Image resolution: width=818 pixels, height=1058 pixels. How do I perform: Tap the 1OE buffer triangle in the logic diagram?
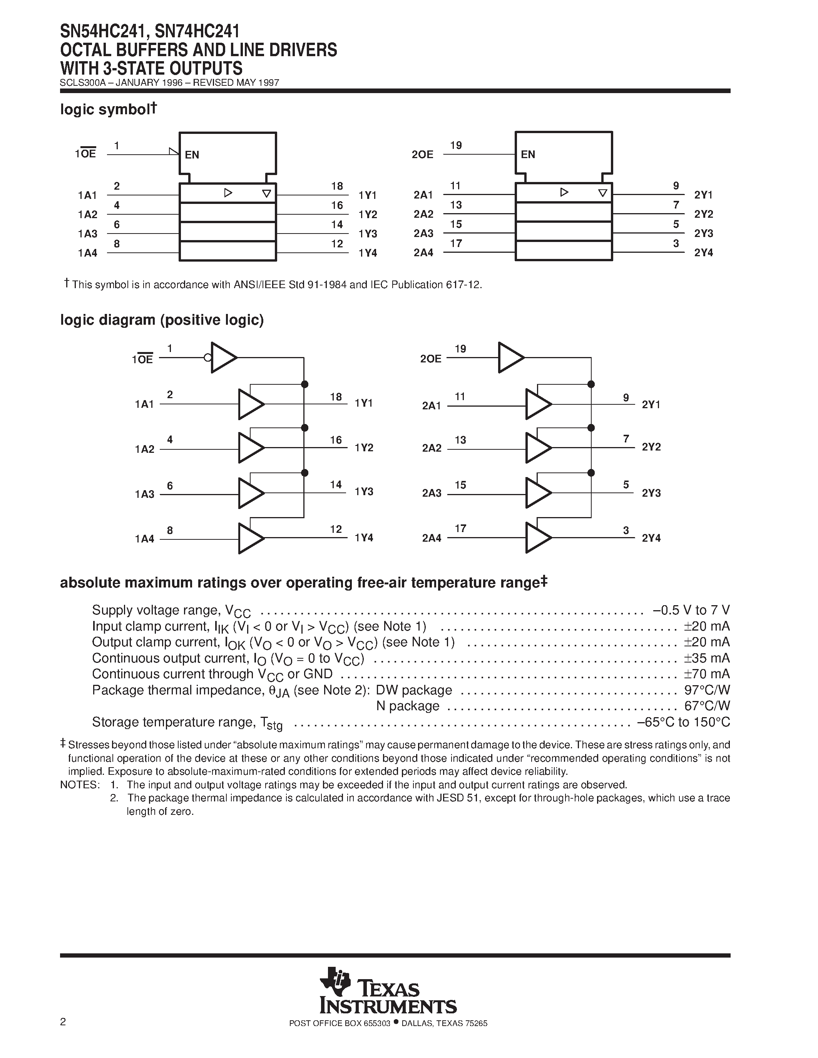222,358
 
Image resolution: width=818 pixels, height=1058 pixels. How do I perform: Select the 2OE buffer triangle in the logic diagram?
510,358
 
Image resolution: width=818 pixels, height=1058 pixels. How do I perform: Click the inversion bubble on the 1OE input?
207,358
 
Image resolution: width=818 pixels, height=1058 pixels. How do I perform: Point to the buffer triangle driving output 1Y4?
250,538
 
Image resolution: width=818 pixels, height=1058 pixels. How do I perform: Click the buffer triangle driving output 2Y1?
537,404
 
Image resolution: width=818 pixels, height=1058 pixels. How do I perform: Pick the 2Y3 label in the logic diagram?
651,493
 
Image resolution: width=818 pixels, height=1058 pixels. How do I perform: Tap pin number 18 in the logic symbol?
337,186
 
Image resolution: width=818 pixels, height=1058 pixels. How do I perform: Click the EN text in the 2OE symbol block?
528,155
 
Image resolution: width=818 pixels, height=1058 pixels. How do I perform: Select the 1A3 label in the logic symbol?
88,234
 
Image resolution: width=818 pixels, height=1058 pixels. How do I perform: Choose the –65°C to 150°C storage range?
683,722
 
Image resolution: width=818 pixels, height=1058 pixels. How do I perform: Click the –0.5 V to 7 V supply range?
691,610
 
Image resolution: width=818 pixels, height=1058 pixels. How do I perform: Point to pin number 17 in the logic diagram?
460,529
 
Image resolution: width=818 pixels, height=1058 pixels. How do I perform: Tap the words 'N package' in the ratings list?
408,706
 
